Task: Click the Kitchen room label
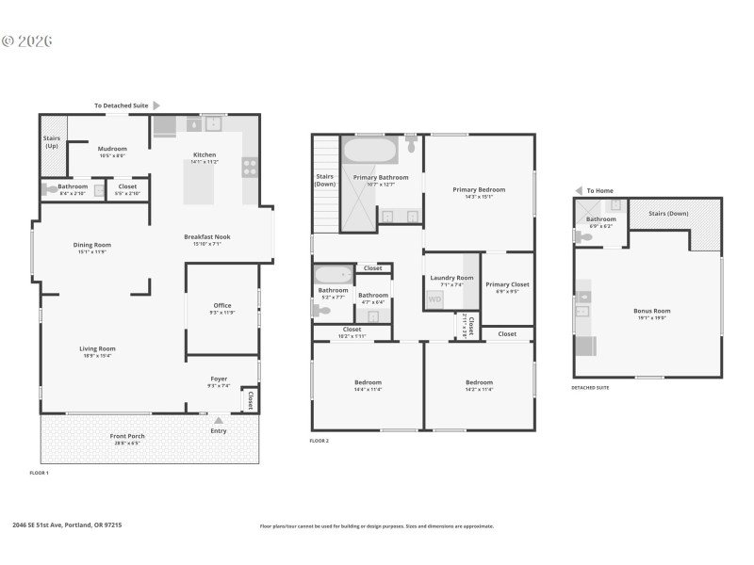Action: click(x=205, y=154)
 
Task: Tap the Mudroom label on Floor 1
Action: click(x=112, y=148)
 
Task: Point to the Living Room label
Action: click(x=97, y=348)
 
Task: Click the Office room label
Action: click(x=222, y=305)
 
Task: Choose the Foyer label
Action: click(x=219, y=379)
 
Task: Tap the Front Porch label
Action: click(x=127, y=436)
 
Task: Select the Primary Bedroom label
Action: click(x=479, y=190)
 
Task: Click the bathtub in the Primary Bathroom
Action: click(x=370, y=151)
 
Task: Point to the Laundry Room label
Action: click(x=451, y=278)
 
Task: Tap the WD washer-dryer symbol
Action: click(x=434, y=299)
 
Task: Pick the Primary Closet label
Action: click(x=507, y=284)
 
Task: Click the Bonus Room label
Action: click(x=650, y=311)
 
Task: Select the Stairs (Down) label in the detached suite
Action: click(x=669, y=214)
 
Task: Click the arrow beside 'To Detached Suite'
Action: click(x=156, y=105)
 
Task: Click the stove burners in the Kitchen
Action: click(x=251, y=167)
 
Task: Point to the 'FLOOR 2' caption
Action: click(x=320, y=441)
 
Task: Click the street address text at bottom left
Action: click(x=67, y=525)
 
